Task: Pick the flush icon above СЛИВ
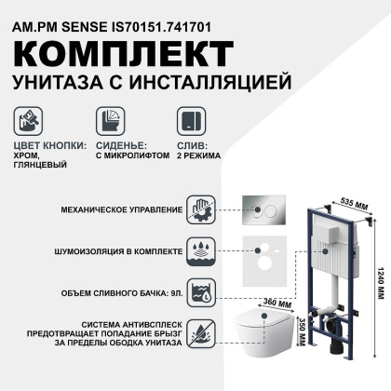pos(192,123)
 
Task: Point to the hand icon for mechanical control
pos(202,208)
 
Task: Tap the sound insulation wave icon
pos(202,250)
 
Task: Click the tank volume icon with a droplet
pos(202,292)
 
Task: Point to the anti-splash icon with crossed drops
pos(202,334)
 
